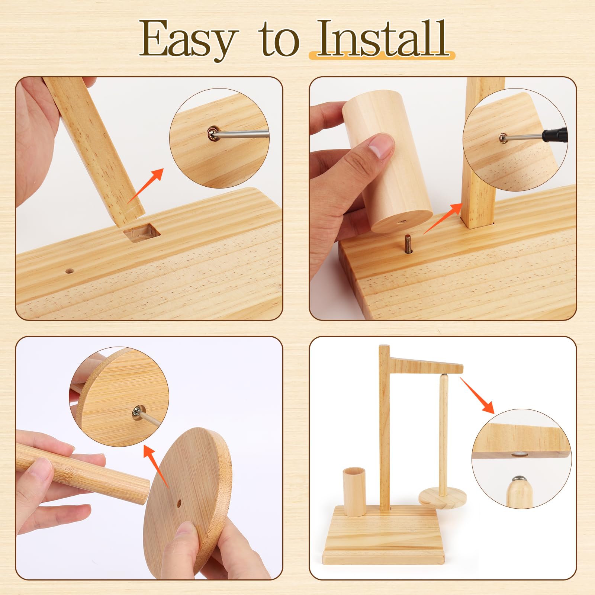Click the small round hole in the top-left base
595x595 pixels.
tap(69, 271)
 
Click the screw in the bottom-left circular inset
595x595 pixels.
tap(137, 412)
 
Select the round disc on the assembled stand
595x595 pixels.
tap(443, 498)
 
